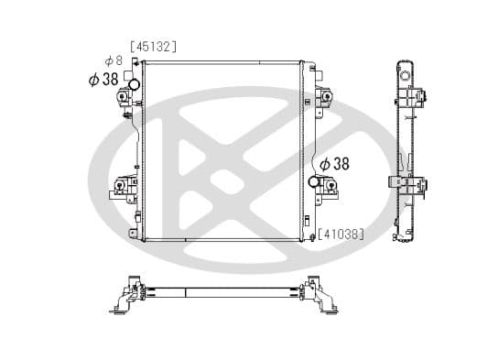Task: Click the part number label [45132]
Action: click(153, 45)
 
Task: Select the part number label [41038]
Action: click(341, 234)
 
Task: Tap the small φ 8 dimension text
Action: click(114, 60)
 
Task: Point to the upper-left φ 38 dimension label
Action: click(103, 80)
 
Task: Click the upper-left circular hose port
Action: click(133, 85)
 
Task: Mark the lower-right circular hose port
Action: click(315, 182)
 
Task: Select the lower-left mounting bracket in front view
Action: click(122, 190)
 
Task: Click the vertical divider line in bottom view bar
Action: click(186, 293)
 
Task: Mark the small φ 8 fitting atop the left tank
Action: click(135, 62)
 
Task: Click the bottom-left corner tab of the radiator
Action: click(134, 235)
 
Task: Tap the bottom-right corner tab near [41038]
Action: click(309, 235)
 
